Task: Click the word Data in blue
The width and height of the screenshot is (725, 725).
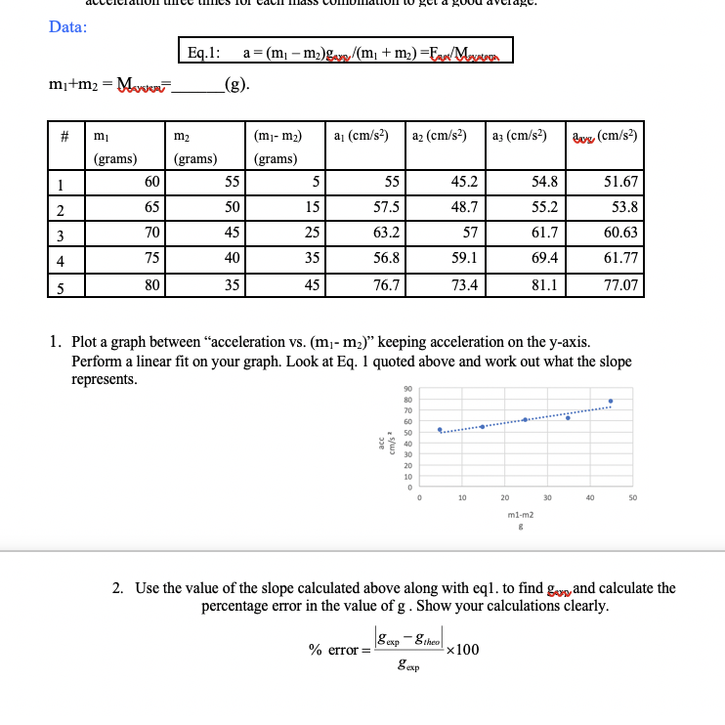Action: (67, 26)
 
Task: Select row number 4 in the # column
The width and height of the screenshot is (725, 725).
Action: (61, 261)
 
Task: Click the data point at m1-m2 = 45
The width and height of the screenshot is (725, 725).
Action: (611, 401)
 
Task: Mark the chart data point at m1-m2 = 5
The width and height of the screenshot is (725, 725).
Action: (440, 429)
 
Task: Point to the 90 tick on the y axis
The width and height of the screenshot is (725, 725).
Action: (407, 390)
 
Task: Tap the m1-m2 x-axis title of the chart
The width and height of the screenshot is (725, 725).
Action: (520, 511)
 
